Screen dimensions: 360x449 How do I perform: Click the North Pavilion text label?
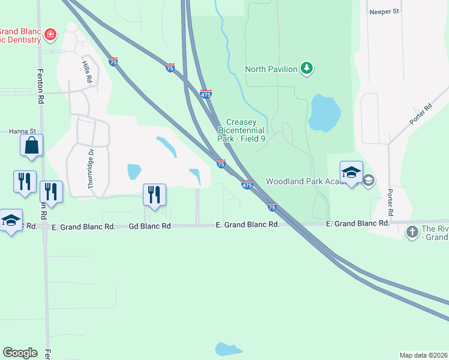[x=271, y=69]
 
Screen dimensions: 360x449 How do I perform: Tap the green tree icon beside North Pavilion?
[x=307, y=68]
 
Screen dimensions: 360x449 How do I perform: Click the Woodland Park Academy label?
[x=312, y=181]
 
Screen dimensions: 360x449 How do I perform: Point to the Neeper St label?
[x=385, y=11]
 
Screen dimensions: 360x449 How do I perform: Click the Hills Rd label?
[x=88, y=71]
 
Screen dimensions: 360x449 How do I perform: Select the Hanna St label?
[x=22, y=131]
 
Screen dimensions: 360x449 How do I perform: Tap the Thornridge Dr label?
[x=92, y=169]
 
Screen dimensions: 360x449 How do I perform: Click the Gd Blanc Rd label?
[x=150, y=226]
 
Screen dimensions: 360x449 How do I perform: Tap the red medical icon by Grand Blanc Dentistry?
[x=50, y=34]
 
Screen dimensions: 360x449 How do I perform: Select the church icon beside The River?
[x=412, y=232]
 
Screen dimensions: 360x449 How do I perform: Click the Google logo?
[x=20, y=353]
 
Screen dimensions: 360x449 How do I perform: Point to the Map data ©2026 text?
[x=423, y=355]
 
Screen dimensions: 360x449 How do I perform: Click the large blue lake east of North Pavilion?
[x=324, y=113]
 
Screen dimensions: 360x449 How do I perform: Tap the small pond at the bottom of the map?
[x=229, y=349]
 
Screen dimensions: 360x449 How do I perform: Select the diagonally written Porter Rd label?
[x=421, y=115]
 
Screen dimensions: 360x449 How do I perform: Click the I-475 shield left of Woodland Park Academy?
[x=247, y=185]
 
